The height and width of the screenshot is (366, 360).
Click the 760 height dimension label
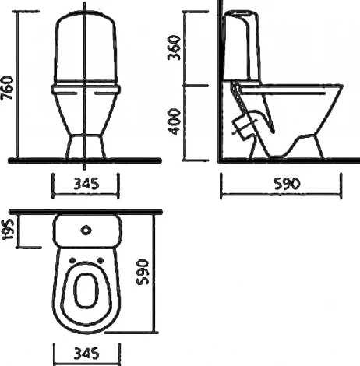click(x=7, y=88)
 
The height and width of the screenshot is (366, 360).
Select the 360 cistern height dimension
click(x=174, y=48)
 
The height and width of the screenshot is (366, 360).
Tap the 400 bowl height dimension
click(x=174, y=122)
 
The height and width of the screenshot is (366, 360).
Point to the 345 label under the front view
click(x=86, y=184)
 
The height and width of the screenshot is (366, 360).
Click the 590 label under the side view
click(x=287, y=184)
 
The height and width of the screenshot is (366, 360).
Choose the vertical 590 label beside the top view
click(x=143, y=272)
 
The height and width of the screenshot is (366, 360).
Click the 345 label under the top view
click(x=86, y=354)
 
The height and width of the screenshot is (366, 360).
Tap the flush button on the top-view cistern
click(x=86, y=231)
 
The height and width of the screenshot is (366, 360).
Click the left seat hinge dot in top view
click(x=72, y=260)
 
